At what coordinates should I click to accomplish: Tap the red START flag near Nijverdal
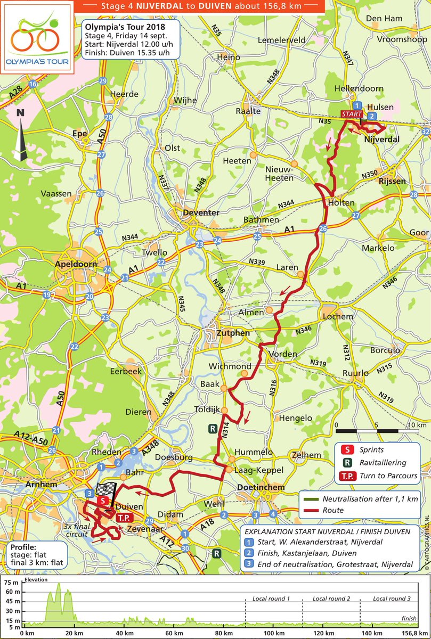[352, 114]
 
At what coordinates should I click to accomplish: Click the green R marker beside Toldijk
[213, 428]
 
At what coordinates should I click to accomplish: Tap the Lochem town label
[338, 316]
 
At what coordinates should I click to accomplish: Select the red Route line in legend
[315, 510]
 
